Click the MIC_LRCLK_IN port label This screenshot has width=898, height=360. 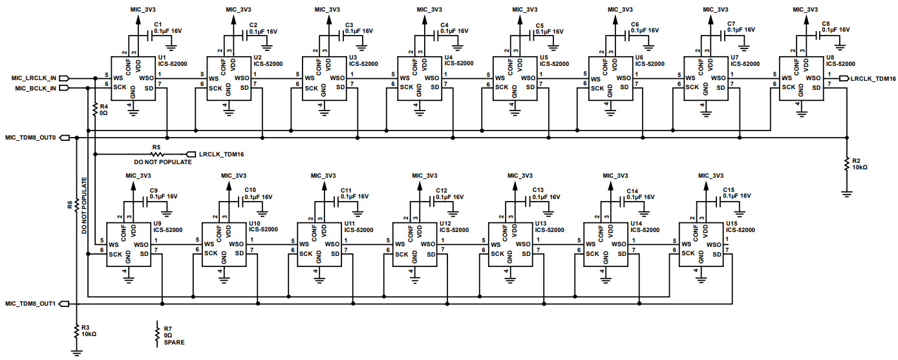click(34, 78)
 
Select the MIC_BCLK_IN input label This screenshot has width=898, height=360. click(34, 88)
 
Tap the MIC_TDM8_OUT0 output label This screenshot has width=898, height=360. click(30, 138)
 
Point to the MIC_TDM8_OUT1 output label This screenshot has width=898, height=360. click(30, 303)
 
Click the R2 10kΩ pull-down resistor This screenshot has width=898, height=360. click(846, 164)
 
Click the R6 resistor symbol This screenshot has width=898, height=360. click(77, 205)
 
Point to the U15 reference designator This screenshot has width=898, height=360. click(731, 223)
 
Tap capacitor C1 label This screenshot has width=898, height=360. click(158, 24)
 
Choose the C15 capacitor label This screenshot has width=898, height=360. click(728, 189)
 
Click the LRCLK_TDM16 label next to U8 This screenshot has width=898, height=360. click(873, 78)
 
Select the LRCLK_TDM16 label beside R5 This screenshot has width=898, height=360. click(221, 154)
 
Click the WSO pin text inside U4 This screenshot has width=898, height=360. click(433, 79)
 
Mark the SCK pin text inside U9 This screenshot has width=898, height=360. click(116, 254)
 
